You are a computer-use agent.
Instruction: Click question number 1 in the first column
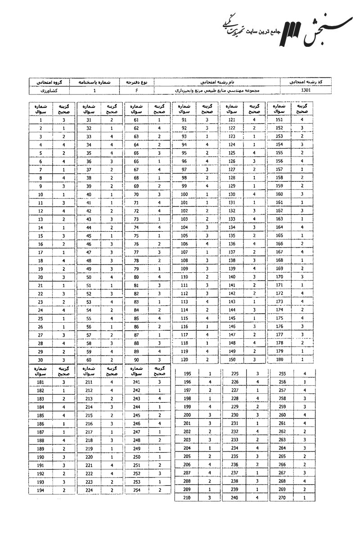point(41,120)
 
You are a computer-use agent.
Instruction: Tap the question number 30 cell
point(41,360)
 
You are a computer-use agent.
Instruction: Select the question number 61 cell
point(136,120)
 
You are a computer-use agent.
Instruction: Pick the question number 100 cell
point(184,194)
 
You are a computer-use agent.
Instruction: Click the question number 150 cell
point(232,360)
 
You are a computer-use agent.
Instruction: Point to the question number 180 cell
point(279,360)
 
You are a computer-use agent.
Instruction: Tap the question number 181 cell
point(41,382)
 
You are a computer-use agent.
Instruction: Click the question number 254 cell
point(136,490)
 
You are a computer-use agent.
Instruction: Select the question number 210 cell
point(187,498)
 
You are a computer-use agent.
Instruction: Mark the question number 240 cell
point(234,498)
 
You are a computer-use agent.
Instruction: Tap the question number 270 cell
point(282,498)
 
